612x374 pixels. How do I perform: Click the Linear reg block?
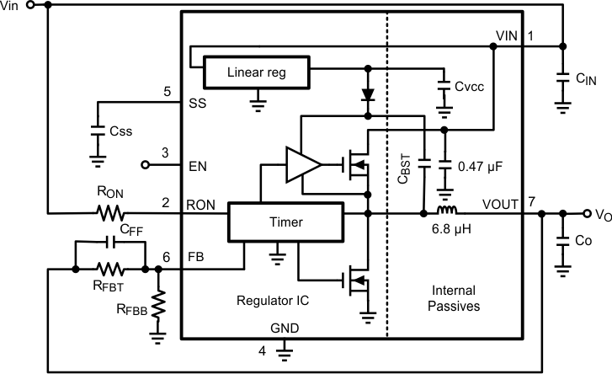pyautogui.click(x=257, y=72)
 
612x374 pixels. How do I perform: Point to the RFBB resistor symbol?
pyautogui.click(x=158, y=302)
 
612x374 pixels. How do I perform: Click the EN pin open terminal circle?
pyautogui.click(x=145, y=164)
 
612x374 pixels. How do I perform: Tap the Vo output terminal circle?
pyautogui.click(x=586, y=213)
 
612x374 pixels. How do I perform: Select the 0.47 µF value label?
pyautogui.click(x=479, y=167)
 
